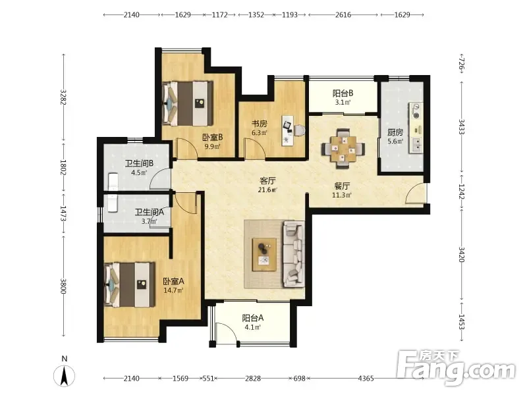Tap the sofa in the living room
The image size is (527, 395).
(x=294, y=254)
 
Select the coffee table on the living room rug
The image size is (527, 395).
(x=265, y=255)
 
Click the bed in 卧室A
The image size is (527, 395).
(x=130, y=285)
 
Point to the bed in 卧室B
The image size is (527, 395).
(x=188, y=103)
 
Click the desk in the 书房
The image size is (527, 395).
(x=288, y=130)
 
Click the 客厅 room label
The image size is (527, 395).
(x=267, y=180)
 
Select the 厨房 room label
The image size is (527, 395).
(x=395, y=132)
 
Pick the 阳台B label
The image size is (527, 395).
(x=343, y=93)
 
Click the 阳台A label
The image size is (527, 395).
(x=253, y=318)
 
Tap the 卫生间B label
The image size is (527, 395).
(x=139, y=163)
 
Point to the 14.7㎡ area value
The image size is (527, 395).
(x=173, y=290)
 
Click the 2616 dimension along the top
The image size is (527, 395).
(x=343, y=14)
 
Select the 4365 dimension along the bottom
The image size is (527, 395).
(x=366, y=379)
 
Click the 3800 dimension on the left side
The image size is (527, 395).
(x=63, y=286)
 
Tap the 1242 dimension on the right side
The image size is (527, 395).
(x=462, y=192)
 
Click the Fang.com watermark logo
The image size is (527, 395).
(x=456, y=368)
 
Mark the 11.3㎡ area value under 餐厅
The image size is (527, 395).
(x=341, y=195)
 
